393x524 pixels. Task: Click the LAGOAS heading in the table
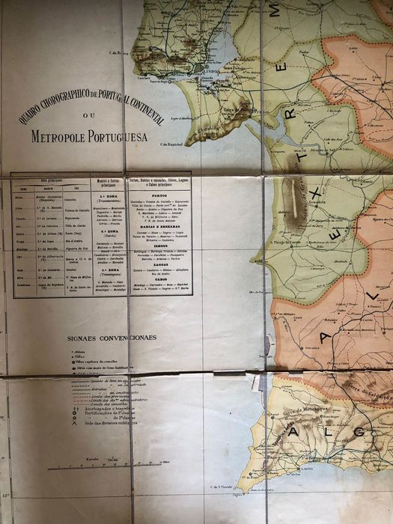pyautogui.click(x=160, y=259)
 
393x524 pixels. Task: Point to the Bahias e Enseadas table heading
pyautogui.click(x=160, y=227)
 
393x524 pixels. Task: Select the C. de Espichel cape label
pyautogui.click(x=173, y=143)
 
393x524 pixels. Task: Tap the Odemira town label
pyautogui.click(x=302, y=347)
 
